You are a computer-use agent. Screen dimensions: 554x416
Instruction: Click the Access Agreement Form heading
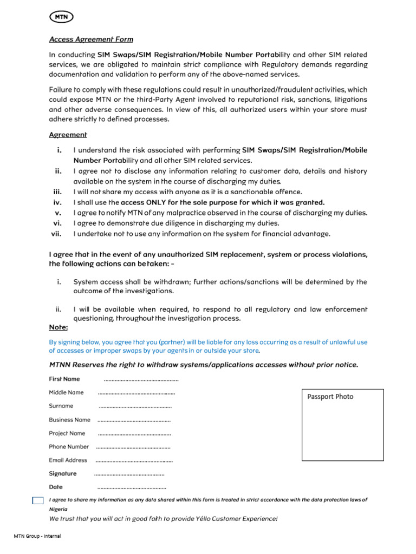(x=91, y=39)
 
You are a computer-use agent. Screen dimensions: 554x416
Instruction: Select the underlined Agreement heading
(x=68, y=135)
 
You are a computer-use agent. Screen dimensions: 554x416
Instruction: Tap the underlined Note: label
(x=58, y=327)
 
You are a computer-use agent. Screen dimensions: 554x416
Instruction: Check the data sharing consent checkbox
(x=37, y=500)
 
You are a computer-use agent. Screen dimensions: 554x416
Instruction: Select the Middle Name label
(x=66, y=392)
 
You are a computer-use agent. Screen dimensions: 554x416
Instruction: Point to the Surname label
(x=61, y=406)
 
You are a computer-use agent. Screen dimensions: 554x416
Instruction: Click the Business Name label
(x=69, y=419)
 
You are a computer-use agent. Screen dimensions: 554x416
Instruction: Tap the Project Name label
(x=67, y=433)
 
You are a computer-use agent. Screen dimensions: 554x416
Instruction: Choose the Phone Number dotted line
(x=133, y=447)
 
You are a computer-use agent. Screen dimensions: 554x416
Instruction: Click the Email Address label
(x=68, y=460)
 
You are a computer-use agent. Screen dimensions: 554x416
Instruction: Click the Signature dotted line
(x=129, y=474)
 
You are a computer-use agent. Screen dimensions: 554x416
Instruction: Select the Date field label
(x=56, y=487)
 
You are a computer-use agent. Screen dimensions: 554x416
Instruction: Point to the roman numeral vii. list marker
(x=56, y=234)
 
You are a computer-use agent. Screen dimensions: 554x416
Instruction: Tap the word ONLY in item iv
(x=157, y=202)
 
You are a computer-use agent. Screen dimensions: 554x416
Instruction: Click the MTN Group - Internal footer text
(x=37, y=536)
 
